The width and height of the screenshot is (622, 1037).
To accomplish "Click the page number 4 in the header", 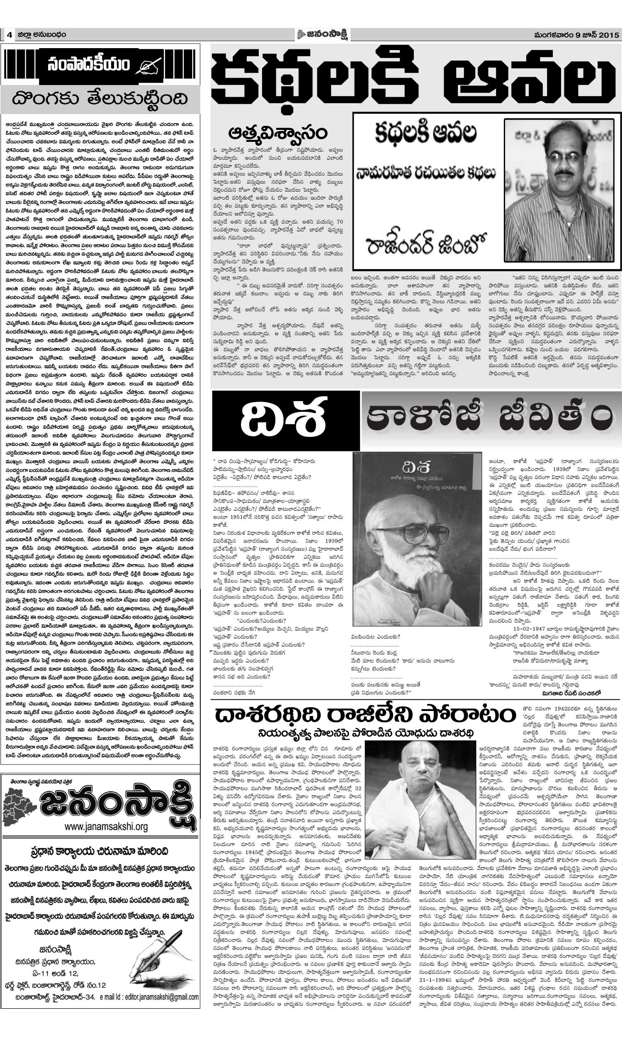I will click(8, 35).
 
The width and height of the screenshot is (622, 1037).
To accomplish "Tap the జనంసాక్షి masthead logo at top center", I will click(323, 34).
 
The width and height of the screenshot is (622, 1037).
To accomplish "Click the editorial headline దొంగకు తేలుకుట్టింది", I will click(100, 99).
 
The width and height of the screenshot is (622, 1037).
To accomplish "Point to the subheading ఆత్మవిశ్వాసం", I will click(277, 133).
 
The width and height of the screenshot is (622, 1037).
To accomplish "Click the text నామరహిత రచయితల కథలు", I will click(425, 173).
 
